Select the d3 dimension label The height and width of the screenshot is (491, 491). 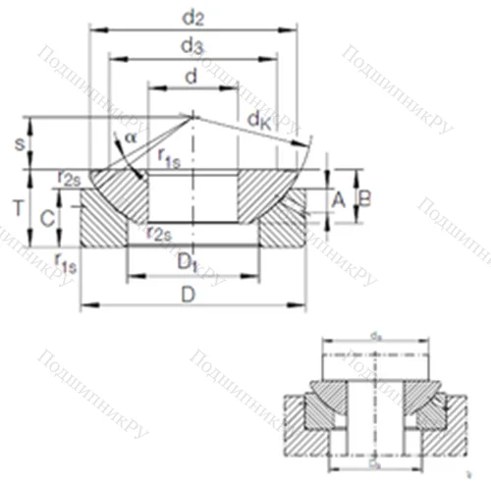click(193, 45)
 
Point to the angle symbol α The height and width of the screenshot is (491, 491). click(130, 137)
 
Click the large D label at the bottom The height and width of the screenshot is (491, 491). click(190, 295)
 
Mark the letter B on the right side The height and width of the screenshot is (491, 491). click(364, 198)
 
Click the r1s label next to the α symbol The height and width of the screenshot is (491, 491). click(166, 157)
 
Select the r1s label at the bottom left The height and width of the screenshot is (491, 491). click(66, 260)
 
